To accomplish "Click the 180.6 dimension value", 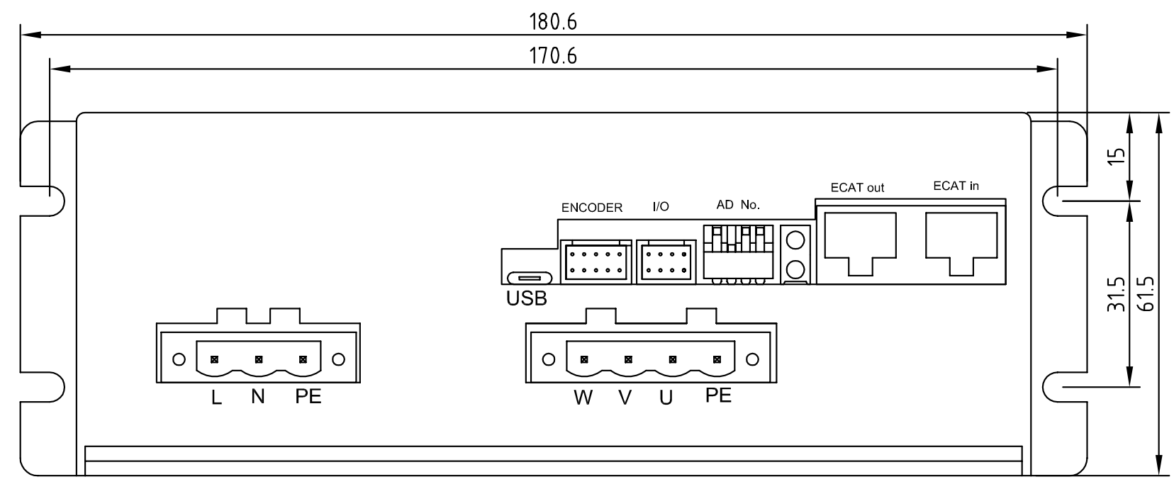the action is [552, 22].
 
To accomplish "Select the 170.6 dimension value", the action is [552, 56].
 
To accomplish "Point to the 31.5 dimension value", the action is [1116, 295].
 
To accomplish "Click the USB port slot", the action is [530, 278].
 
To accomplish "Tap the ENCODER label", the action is [592, 208].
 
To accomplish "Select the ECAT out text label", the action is [857, 188].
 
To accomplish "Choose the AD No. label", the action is [738, 205].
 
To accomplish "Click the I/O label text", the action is [661, 206].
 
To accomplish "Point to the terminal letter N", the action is [257, 397].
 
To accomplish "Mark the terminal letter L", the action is [216, 398].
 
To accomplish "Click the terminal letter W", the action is [583, 398].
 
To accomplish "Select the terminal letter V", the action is [625, 398].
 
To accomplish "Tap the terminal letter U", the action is [666, 398].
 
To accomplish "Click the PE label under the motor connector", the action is [718, 395].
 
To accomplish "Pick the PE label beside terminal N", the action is [308, 396].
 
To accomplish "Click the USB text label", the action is [527, 298].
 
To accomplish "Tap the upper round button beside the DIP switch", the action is [795, 240].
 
